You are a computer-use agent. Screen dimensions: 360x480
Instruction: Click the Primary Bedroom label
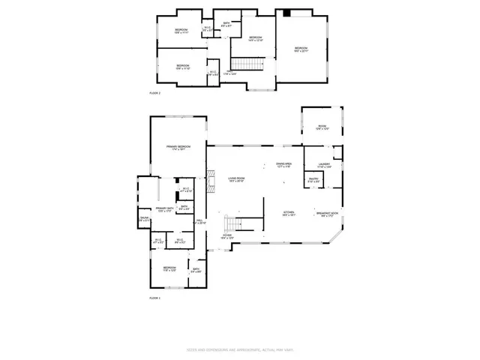[178, 147]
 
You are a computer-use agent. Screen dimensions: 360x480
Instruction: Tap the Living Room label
[237, 179]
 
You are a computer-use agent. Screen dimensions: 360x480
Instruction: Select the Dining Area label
[283, 164]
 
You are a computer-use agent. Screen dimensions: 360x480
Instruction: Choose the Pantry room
[313, 181]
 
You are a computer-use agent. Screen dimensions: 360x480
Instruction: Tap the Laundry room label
[324, 165]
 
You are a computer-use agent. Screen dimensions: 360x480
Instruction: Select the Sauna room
[144, 220]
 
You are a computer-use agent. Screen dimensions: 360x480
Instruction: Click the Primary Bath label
[165, 210]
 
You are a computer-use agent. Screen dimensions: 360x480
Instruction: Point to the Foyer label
[226, 237]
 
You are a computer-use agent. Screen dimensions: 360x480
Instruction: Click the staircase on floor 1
[232, 223]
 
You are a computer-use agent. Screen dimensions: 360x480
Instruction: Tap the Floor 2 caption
[155, 92]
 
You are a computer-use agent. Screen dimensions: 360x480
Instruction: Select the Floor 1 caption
[155, 298]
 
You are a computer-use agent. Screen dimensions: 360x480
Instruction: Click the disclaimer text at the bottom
[240, 350]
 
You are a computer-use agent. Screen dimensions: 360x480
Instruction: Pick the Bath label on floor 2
[227, 25]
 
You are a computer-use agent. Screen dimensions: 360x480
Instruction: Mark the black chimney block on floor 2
[286, 12]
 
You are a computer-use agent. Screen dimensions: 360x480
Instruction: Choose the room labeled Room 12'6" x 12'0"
[322, 127]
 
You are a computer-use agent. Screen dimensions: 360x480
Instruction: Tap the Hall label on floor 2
[229, 73]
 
